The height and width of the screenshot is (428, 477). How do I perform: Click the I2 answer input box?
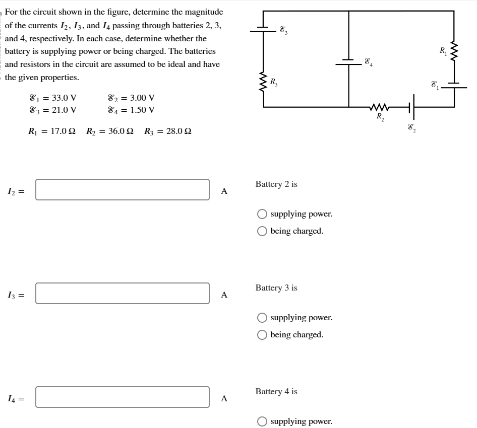click(x=123, y=190)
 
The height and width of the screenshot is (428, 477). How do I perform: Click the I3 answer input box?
click(x=123, y=294)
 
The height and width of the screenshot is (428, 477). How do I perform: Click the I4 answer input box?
click(x=123, y=397)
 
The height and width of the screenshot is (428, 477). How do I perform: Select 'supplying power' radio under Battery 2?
click(x=262, y=214)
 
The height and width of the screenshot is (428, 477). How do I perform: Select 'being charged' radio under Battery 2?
click(x=262, y=231)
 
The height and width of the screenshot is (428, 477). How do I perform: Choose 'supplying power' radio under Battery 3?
click(x=262, y=318)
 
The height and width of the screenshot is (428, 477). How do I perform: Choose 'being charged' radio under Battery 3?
click(x=262, y=335)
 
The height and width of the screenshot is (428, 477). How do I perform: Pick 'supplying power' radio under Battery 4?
click(x=262, y=421)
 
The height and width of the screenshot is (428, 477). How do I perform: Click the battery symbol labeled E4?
click(x=348, y=62)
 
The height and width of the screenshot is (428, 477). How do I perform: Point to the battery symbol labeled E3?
click(x=263, y=29)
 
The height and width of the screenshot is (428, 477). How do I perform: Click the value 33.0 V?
click(x=61, y=98)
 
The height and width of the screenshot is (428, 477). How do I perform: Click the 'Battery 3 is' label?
click(x=276, y=288)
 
